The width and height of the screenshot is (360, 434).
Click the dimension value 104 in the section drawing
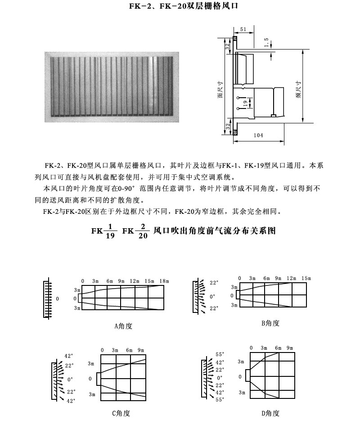[258, 135]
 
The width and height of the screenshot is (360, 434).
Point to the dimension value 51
[243, 29]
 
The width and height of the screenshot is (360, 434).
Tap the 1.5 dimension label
[266, 43]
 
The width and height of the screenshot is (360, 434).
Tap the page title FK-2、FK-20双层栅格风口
[180, 7]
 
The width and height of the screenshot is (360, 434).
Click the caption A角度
[123, 325]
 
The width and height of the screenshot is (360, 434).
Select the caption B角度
[270, 323]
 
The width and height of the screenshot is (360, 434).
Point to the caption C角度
[121, 413]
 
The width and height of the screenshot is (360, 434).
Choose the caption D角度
[270, 413]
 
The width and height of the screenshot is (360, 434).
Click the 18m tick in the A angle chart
[164, 281]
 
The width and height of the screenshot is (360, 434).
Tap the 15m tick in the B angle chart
[306, 278]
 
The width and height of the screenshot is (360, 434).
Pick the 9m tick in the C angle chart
[141, 350]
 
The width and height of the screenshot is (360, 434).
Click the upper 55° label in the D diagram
[220, 354]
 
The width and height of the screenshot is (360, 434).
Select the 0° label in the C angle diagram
[70, 380]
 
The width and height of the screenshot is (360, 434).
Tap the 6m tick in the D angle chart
[278, 348]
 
